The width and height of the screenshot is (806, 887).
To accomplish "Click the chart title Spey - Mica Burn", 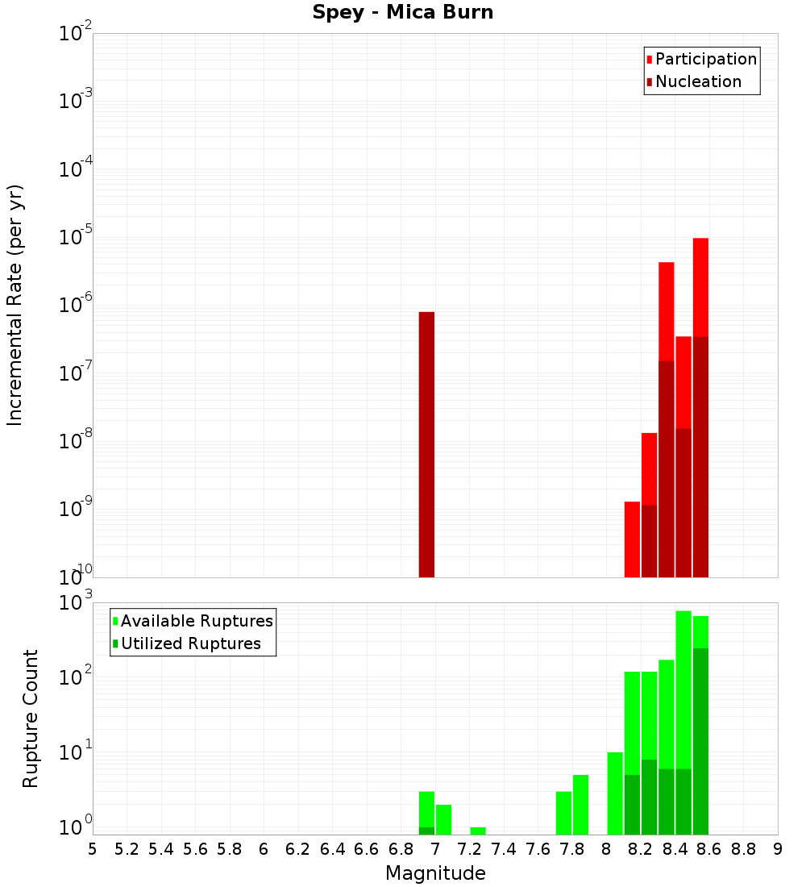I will (x=402, y=13).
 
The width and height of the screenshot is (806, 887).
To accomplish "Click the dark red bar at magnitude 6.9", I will (x=426, y=443).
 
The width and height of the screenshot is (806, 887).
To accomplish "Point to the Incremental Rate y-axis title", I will (x=15, y=305).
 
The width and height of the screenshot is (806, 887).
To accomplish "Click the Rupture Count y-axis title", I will (x=31, y=718).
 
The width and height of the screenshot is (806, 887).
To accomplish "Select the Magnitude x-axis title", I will (x=435, y=873).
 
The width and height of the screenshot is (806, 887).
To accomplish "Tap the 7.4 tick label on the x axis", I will (x=504, y=849).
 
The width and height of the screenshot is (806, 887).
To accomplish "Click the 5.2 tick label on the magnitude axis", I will (x=127, y=849).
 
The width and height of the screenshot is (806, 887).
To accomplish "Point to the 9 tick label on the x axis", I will (x=778, y=849).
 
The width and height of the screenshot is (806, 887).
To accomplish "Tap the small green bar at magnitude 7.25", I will (x=478, y=831).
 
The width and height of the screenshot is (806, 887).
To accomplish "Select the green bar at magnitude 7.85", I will (x=580, y=805).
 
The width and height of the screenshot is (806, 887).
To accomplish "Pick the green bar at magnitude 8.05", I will (x=615, y=793).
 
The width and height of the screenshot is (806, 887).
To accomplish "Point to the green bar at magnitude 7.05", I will (x=443, y=819).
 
